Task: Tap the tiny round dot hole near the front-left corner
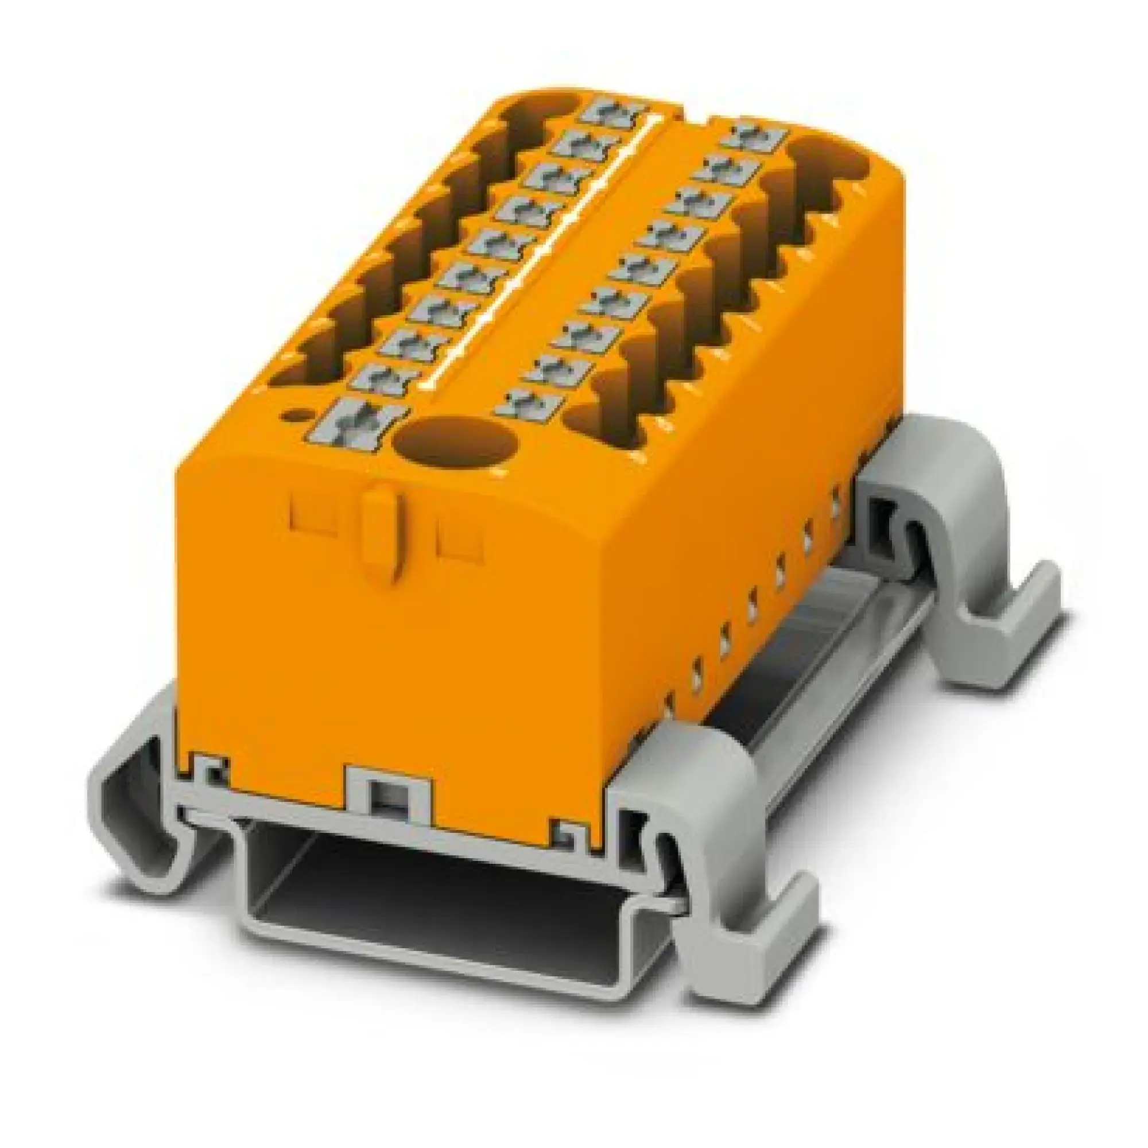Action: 292,414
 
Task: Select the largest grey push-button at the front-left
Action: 354,423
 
